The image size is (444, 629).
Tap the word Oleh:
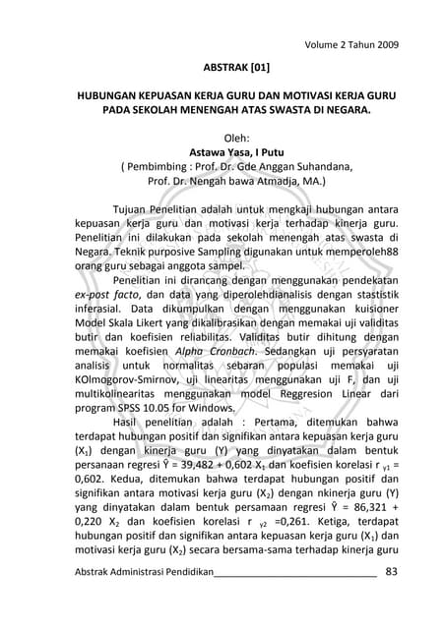coord(223,138)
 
